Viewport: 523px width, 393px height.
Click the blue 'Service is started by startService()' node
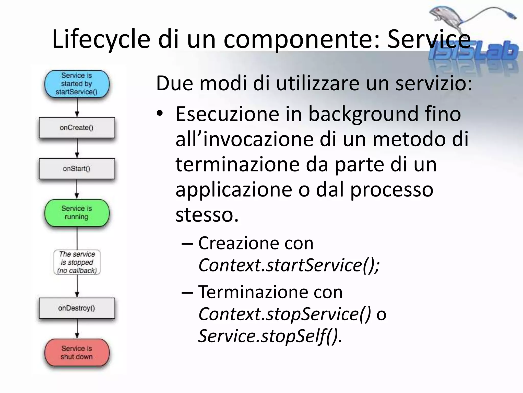(77, 84)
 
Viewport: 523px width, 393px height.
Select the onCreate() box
(77, 128)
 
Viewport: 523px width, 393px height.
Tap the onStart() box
(77, 169)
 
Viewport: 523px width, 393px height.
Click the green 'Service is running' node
(77, 213)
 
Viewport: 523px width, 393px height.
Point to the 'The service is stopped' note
(77, 262)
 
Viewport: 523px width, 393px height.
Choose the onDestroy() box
(77, 308)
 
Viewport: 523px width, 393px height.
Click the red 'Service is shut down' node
(77, 353)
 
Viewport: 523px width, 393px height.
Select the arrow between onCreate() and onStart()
(77, 148)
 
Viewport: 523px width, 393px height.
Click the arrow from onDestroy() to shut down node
(77, 329)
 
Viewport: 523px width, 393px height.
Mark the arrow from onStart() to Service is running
(77, 189)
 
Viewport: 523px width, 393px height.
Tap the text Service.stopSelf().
(270, 336)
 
